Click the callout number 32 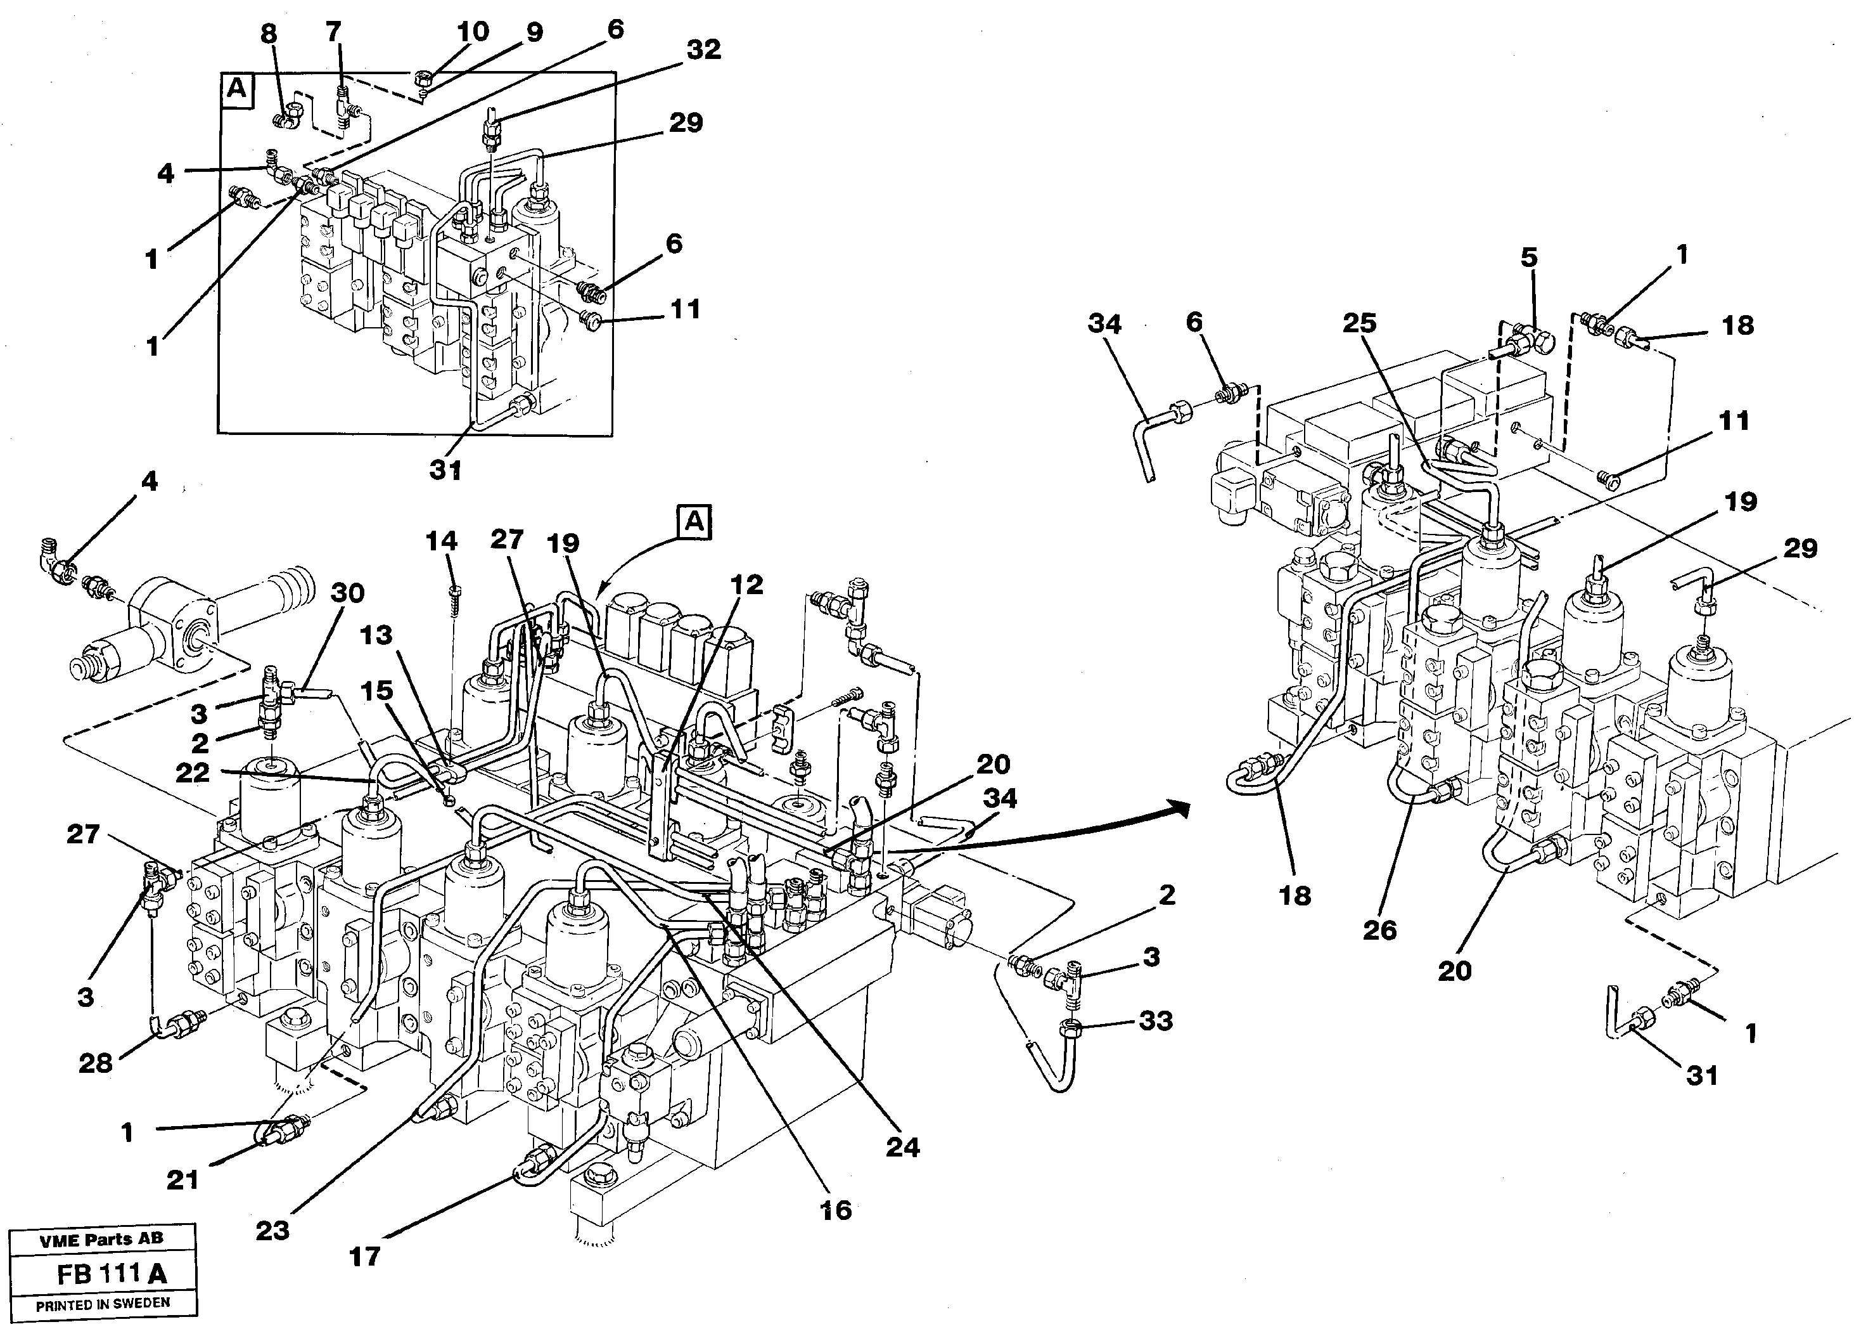point(703,50)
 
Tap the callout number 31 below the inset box point(445,470)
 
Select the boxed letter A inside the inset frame point(237,88)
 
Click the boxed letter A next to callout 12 point(694,522)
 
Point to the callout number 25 point(1359,323)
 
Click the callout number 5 point(1529,257)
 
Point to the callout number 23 point(272,1230)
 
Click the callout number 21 point(182,1179)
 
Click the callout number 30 point(347,593)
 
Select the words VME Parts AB point(101,1238)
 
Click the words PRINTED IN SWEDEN point(103,1304)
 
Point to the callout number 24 point(902,1148)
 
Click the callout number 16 point(836,1210)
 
